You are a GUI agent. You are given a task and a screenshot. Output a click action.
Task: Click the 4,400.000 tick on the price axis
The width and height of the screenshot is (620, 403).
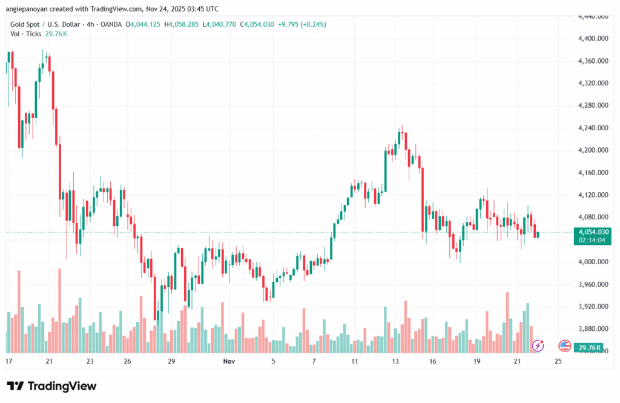593,39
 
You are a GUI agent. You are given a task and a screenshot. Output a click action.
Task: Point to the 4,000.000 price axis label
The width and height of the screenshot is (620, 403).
593,262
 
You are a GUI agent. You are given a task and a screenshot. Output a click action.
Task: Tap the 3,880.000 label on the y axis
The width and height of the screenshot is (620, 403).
593,329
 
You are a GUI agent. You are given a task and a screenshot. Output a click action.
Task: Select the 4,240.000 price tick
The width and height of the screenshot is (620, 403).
593,128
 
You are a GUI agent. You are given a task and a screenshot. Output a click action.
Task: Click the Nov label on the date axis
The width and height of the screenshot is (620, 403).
229,361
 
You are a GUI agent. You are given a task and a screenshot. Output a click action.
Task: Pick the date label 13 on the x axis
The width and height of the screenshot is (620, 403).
395,361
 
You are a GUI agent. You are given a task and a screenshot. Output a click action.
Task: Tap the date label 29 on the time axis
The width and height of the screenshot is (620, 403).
171,361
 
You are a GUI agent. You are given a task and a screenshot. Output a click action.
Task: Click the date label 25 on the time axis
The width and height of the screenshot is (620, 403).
558,361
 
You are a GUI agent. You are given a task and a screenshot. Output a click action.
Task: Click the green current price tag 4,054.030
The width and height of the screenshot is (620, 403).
593,232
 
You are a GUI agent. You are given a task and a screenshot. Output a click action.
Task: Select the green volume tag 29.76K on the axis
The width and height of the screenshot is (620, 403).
589,348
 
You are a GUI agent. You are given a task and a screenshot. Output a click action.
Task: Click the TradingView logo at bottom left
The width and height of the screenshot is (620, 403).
51,386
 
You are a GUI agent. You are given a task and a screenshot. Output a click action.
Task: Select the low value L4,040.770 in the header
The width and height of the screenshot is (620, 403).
223,24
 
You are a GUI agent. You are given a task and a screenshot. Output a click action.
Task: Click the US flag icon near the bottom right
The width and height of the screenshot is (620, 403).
564,346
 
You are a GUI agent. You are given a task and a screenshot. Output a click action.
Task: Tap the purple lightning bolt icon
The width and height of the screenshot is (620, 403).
538,346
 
